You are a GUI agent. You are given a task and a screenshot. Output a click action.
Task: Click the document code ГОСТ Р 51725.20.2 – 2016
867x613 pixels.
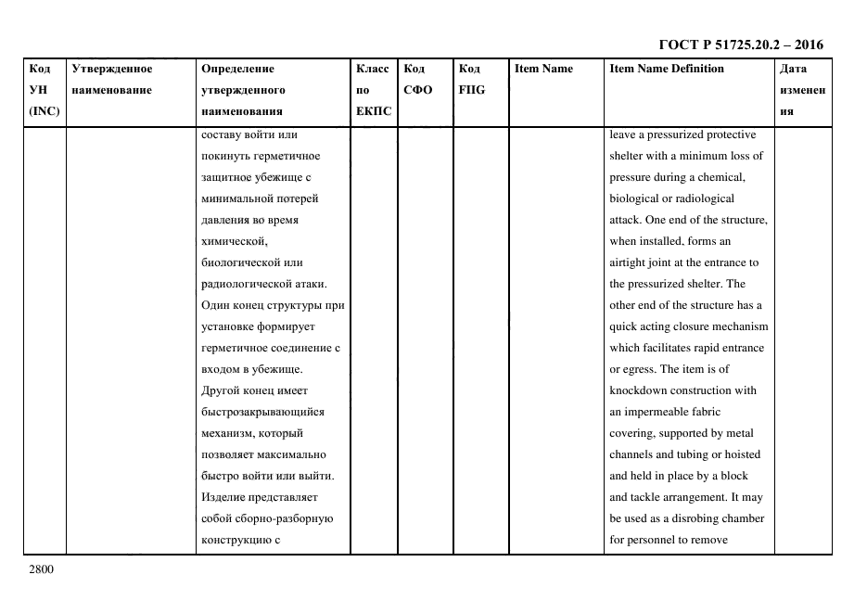[x=740, y=45]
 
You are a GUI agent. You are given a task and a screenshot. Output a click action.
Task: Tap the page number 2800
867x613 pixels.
[x=42, y=568]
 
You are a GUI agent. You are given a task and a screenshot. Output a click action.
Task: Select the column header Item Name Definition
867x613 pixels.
[x=667, y=69]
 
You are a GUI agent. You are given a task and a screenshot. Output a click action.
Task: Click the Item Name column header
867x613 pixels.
[x=543, y=69]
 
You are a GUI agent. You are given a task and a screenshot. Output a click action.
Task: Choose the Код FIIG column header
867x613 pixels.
[x=471, y=79]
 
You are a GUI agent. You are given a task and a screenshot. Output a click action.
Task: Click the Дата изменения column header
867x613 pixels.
[x=802, y=90]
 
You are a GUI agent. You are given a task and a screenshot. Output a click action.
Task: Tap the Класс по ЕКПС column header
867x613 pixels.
[x=373, y=90]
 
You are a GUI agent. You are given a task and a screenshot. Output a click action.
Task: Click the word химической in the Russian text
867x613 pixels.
[x=234, y=241]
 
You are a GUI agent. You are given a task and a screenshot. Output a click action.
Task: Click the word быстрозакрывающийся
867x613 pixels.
[x=262, y=412]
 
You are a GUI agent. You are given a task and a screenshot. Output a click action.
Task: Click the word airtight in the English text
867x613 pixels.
[x=630, y=262]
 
